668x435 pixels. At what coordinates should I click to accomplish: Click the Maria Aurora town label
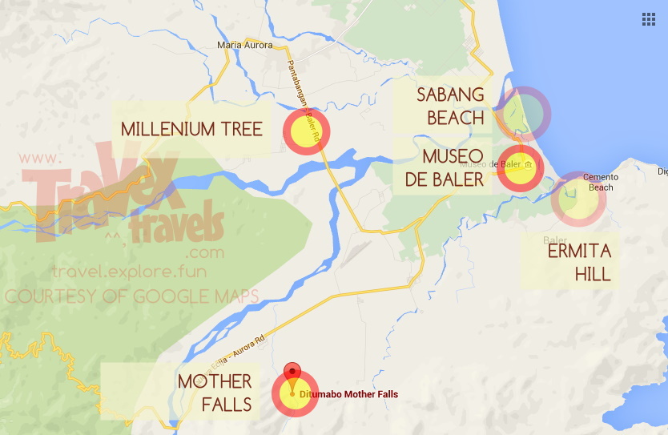[x=244, y=46]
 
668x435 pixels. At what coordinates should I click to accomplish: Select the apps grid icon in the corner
[x=649, y=19]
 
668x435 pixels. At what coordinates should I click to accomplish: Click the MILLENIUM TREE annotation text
[x=191, y=128]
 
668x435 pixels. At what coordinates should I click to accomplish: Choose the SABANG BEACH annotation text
[x=450, y=107]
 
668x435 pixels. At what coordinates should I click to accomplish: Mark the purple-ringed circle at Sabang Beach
[x=521, y=113]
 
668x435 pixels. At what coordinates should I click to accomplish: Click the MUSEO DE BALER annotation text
[x=445, y=167]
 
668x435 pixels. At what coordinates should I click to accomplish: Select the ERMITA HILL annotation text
[x=579, y=263]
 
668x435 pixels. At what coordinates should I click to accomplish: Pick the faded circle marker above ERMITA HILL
[x=577, y=198]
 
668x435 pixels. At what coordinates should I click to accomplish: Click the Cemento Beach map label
[x=601, y=183]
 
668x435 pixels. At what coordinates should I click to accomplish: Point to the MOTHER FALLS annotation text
[x=215, y=393]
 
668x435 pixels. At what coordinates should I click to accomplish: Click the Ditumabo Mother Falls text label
[x=348, y=394]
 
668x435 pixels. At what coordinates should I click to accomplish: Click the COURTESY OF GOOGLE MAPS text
[x=132, y=296]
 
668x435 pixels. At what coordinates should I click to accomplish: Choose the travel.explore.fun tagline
[x=129, y=272]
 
